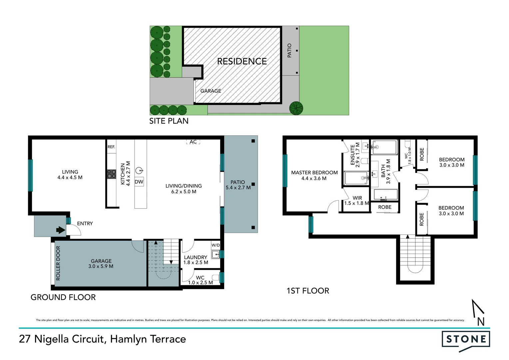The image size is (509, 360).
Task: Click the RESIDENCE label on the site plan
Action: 242,61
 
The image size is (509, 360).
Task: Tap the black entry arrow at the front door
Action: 61,230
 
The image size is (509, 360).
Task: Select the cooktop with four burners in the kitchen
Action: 112,174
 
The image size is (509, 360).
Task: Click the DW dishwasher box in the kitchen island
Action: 139,182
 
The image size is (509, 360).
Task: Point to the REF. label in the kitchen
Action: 111,147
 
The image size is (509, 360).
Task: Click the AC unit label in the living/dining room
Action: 193,142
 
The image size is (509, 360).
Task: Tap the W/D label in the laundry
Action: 216,245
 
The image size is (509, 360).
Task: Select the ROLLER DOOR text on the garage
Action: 58,263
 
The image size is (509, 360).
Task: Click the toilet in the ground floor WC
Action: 216,277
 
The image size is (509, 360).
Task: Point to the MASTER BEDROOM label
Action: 314,173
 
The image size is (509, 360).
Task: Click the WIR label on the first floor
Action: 357,198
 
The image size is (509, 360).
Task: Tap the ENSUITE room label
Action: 352,155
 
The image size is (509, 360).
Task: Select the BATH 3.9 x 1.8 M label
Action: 386,171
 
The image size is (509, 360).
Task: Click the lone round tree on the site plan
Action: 296,108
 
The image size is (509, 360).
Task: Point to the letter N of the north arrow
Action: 481,322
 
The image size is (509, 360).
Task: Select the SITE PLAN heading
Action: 169,121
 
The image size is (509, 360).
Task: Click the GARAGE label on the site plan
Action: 211,91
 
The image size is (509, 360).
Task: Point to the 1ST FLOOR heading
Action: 308,291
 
